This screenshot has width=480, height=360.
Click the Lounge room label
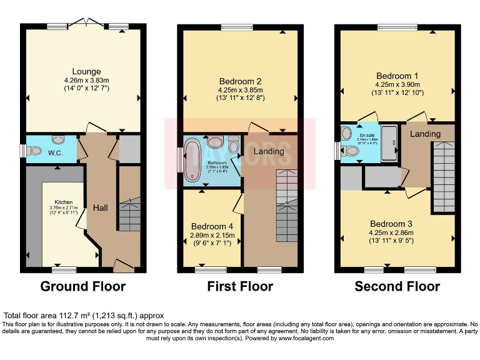point(86,71)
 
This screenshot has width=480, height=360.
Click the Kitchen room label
point(63,202)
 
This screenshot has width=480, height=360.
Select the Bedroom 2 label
point(240,81)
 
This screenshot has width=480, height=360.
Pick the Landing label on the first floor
point(269,151)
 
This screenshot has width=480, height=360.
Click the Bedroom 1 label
point(397,76)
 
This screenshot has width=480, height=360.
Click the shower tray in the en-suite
point(388,142)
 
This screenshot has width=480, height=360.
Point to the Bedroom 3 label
point(397,224)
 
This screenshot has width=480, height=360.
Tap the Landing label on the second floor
point(425,134)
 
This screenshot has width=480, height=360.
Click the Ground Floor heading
point(83,287)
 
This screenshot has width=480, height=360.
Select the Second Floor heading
point(397,287)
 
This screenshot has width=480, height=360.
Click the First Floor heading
point(240,287)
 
